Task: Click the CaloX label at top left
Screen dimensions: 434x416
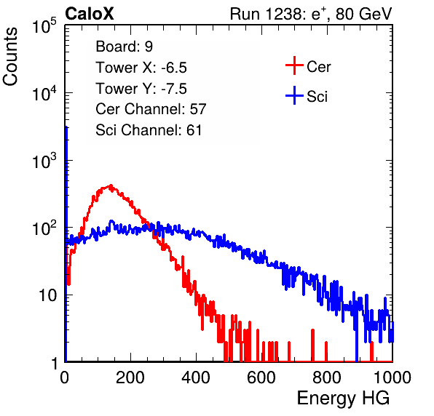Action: tap(89, 14)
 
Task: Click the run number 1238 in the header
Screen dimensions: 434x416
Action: tap(284, 14)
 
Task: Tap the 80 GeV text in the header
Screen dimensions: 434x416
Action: tap(363, 14)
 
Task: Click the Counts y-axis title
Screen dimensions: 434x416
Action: tap(10, 56)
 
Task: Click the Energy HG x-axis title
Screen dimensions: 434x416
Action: tap(343, 399)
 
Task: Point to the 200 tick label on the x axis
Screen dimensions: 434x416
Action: tap(130, 377)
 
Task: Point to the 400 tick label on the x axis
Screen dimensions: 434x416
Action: tap(196, 377)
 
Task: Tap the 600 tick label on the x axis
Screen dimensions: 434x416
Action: tap(261, 377)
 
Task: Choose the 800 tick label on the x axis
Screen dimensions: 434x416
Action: tap(327, 377)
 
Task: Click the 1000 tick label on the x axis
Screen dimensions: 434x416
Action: tap(392, 377)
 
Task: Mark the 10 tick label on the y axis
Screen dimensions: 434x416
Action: tap(47, 295)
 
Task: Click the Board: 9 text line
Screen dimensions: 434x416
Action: tap(124, 47)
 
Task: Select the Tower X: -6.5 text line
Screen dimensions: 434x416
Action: tap(141, 68)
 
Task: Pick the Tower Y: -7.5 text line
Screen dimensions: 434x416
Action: tap(141, 89)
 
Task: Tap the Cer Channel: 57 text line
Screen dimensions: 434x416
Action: tap(151, 109)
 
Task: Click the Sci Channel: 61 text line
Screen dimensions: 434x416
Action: tap(149, 130)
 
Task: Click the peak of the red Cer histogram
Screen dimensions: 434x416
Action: tap(111, 185)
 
